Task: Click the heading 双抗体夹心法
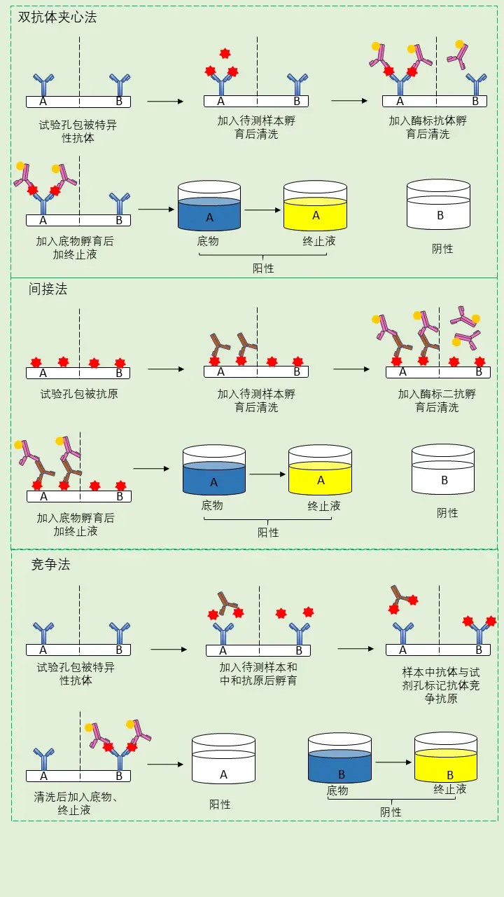(x=57, y=18)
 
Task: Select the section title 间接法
(x=48, y=289)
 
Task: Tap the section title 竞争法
(x=51, y=564)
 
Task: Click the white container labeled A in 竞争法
(x=223, y=761)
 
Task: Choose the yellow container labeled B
(x=446, y=761)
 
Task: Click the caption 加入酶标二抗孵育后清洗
(x=437, y=400)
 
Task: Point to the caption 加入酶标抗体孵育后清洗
(x=428, y=127)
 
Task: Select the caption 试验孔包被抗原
(x=79, y=394)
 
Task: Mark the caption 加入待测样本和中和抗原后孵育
(x=258, y=673)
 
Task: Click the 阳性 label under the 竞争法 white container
(x=220, y=804)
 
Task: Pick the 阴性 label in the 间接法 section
(x=447, y=513)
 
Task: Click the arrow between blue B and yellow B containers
(x=393, y=762)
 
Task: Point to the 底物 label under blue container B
(x=337, y=790)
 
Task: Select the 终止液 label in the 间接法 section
(x=324, y=505)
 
